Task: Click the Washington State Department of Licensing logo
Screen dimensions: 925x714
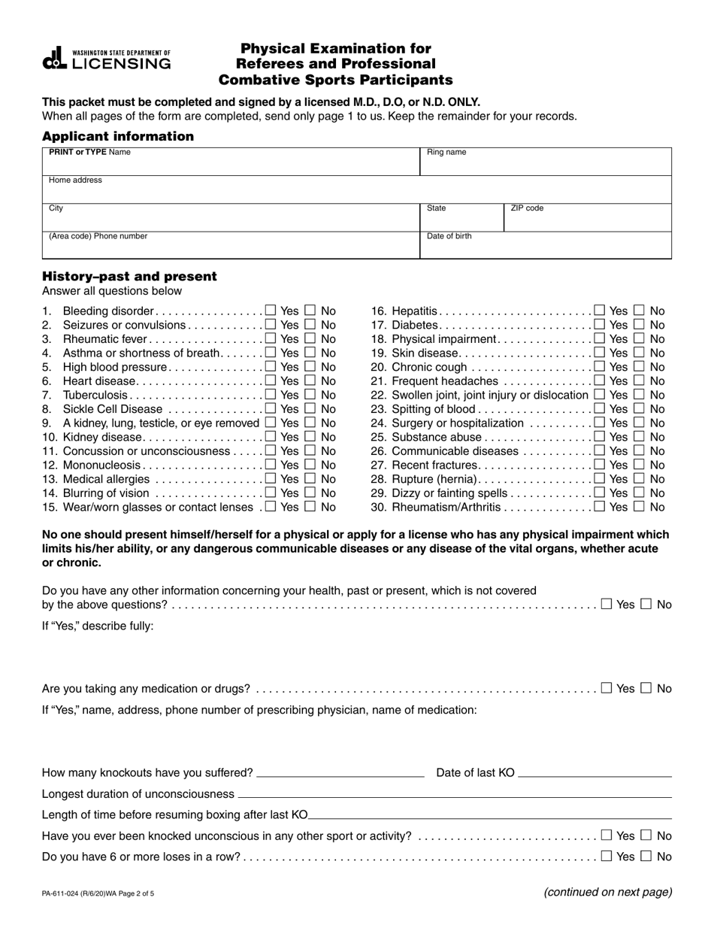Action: (106, 59)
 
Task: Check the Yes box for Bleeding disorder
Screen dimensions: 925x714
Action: (271, 310)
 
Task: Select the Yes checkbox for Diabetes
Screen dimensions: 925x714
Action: (599, 324)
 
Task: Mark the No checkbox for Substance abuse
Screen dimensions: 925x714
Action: (640, 437)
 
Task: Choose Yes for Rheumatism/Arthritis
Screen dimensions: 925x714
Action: (599, 507)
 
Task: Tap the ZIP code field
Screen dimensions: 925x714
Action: (586, 217)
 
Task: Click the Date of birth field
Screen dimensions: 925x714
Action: (545, 245)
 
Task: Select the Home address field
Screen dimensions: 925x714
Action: (356, 190)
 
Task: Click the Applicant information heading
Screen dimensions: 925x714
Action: (118, 136)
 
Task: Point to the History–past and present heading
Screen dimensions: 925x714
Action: (129, 276)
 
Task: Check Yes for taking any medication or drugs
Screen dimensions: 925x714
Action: (607, 687)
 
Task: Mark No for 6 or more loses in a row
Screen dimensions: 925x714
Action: (647, 856)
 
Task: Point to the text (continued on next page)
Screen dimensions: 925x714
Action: (607, 893)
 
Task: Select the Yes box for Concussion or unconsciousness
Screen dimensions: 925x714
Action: (271, 450)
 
